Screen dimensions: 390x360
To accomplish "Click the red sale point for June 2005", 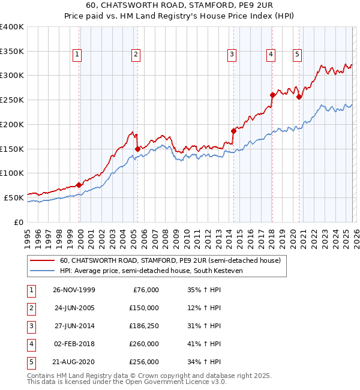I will tap(137, 149).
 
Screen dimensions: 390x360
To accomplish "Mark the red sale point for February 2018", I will tap(272, 95).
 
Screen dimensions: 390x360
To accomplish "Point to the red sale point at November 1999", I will tap(79, 185).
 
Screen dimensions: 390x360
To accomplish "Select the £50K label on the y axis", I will tap(14, 197).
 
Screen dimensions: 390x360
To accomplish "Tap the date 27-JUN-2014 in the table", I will tap(74, 326).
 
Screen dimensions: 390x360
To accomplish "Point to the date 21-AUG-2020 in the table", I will tap(74, 362).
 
